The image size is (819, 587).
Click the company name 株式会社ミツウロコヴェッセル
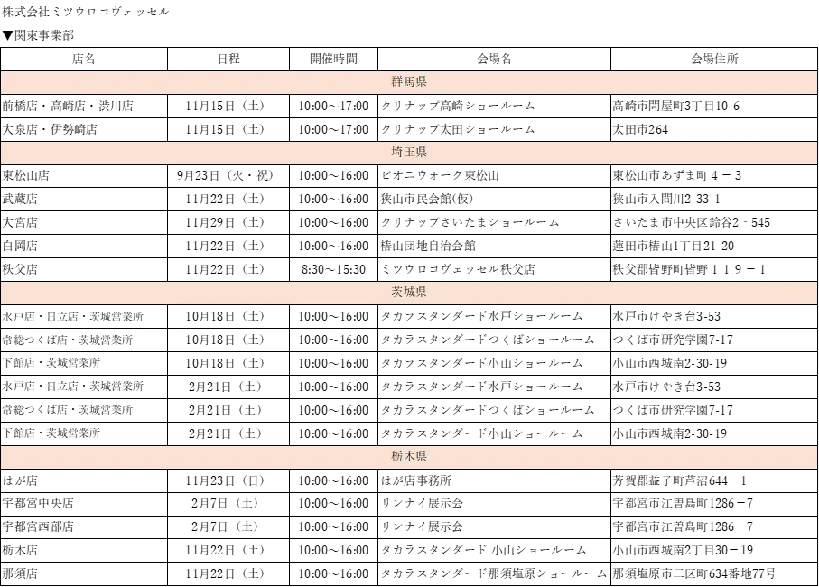(86, 11)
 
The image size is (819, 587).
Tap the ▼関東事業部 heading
(38, 35)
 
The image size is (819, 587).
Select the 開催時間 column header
(333, 59)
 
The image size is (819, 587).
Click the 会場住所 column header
(714, 59)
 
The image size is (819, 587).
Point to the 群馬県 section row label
(409, 81)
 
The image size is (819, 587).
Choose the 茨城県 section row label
(409, 292)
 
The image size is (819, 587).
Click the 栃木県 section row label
(409, 456)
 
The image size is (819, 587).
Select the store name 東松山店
(25, 175)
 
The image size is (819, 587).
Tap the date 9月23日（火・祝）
(225, 175)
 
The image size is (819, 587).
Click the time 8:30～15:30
(333, 269)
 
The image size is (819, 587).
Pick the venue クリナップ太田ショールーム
(458, 129)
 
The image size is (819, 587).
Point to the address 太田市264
(640, 129)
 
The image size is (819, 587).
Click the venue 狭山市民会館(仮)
(427, 199)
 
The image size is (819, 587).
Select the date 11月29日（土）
(225, 222)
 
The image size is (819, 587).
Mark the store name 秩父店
(20, 269)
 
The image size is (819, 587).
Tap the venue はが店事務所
(415, 480)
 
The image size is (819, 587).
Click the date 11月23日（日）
(225, 480)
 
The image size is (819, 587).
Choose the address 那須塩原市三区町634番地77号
(694, 574)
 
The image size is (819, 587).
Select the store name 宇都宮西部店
(38, 526)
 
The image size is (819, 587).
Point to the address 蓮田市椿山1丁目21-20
(674, 246)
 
